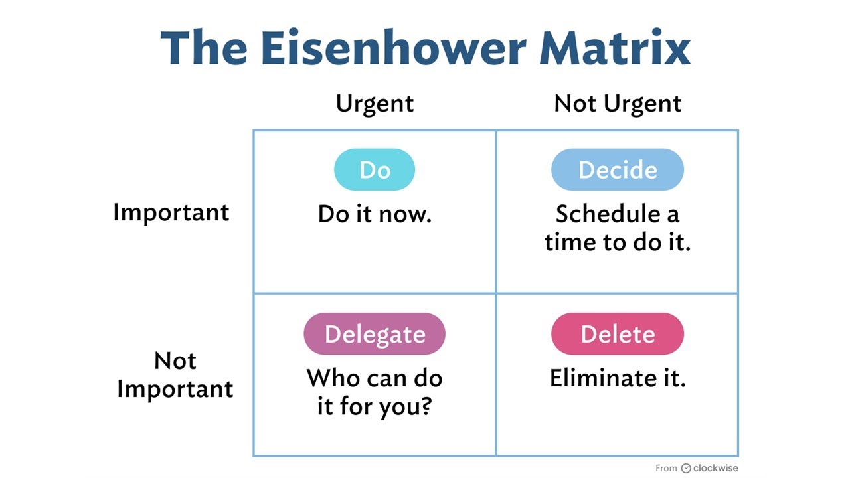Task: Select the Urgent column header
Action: (375, 104)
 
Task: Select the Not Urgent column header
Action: (618, 104)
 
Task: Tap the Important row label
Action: (171, 212)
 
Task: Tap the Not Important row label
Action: (175, 374)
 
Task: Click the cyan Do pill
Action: (375, 170)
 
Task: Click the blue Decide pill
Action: (618, 170)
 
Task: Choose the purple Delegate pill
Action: (375, 334)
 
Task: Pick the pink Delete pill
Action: (618, 334)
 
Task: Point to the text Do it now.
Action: (375, 214)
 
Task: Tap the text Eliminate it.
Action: (618, 378)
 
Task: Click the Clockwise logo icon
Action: (686, 468)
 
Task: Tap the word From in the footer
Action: (666, 468)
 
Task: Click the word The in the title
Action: (203, 48)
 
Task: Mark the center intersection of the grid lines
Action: (496, 293)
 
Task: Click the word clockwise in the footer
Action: (716, 468)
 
